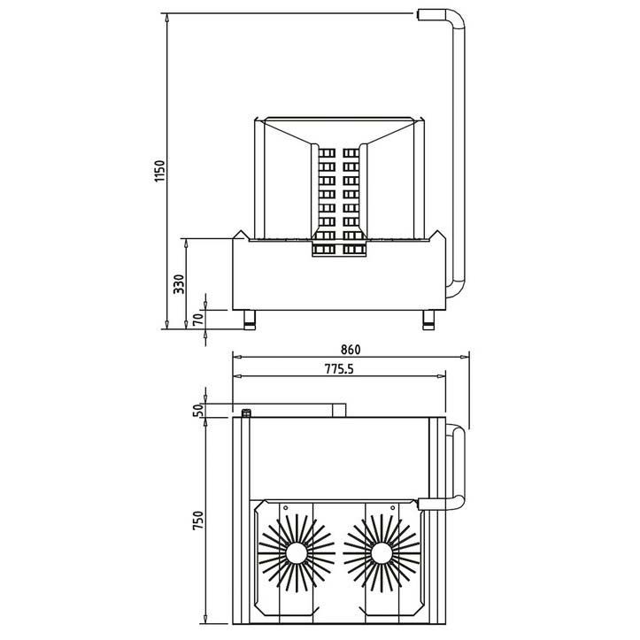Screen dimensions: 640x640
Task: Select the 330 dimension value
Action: coord(178,282)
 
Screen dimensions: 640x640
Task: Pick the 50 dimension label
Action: coord(198,409)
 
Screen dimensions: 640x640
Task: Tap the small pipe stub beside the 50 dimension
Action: coord(248,412)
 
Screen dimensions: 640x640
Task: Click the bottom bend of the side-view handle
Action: coord(453,292)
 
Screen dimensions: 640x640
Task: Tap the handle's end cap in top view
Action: coord(430,505)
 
